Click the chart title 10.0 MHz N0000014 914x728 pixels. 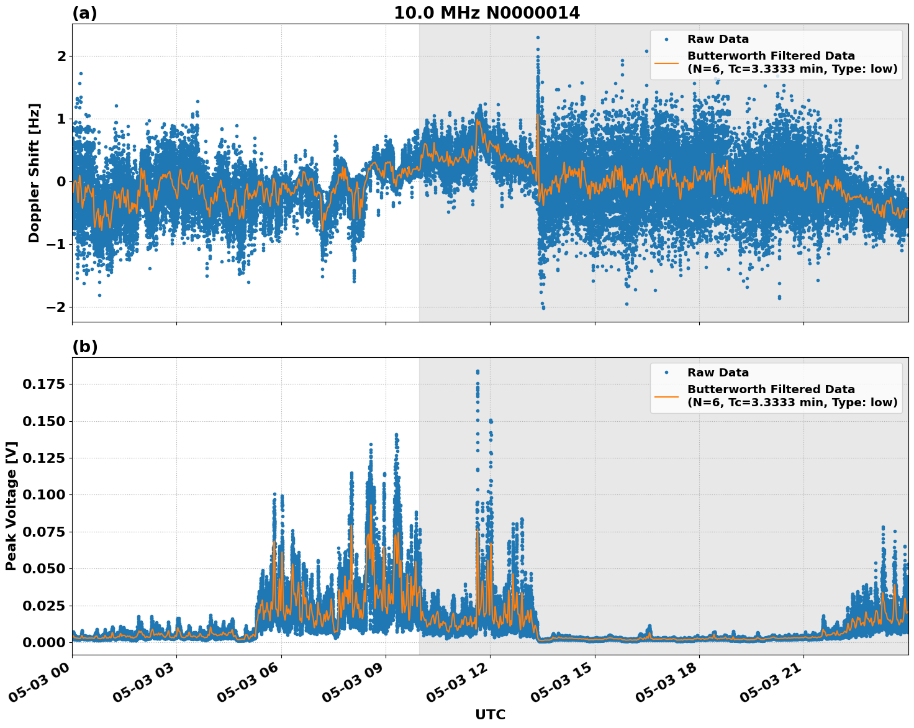click(487, 13)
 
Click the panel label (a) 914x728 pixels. click(84, 13)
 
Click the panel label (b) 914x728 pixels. click(85, 347)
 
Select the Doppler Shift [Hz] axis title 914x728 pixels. click(34, 173)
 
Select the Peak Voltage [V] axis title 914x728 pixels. click(11, 506)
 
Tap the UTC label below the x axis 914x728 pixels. click(490, 715)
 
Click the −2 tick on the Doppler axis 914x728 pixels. click(57, 307)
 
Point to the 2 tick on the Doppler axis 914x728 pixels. click(61, 57)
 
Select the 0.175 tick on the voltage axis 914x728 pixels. click(43, 384)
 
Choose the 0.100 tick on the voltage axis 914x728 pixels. click(43, 495)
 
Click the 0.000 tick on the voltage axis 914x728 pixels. click(43, 642)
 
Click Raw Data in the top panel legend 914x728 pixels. click(718, 39)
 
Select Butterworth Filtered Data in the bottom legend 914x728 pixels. click(771, 389)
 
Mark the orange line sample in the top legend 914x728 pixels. click(666, 62)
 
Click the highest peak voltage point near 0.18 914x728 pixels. click(477, 371)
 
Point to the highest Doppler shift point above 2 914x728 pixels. click(538, 37)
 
